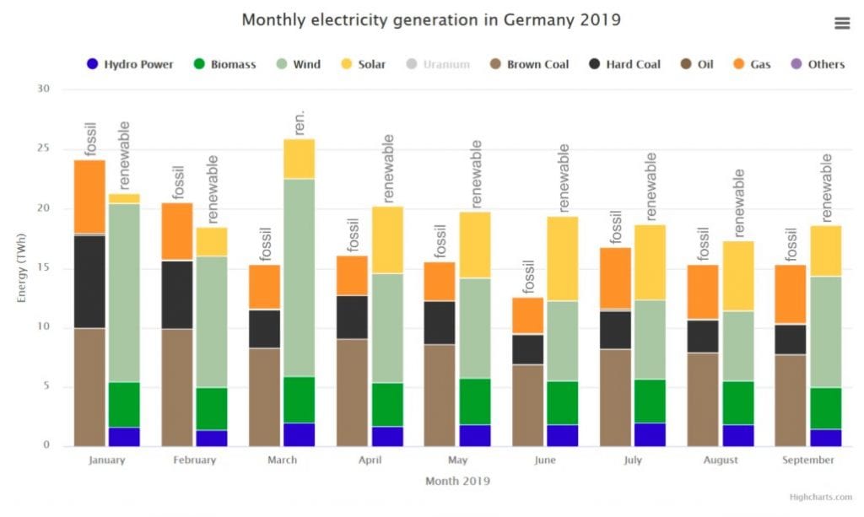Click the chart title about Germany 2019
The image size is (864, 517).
(431, 19)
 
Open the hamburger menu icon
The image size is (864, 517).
(841, 24)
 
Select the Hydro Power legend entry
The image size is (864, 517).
(130, 64)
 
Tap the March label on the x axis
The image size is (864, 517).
(282, 460)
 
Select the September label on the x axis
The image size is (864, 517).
(807, 460)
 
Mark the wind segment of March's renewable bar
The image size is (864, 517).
(298, 277)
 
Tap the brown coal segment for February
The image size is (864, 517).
(177, 387)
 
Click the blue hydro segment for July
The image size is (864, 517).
(649, 434)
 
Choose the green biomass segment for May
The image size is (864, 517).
(474, 401)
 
